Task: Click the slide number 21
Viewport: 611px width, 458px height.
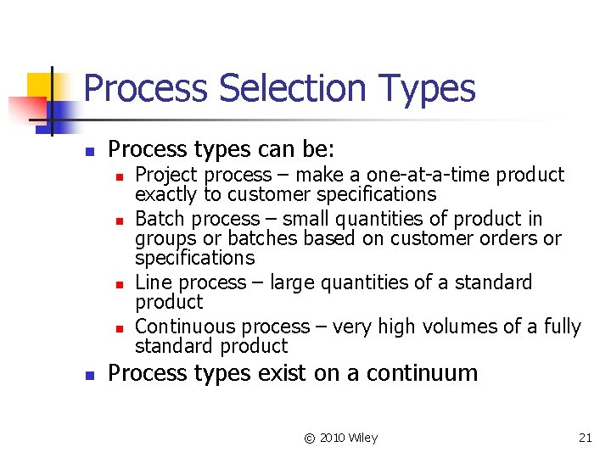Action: point(585,438)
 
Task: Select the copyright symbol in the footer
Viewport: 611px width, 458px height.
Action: point(310,438)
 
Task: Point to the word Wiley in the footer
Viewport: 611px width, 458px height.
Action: point(362,438)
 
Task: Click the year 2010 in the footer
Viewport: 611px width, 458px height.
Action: point(331,438)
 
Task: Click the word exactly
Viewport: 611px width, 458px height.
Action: point(166,195)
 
